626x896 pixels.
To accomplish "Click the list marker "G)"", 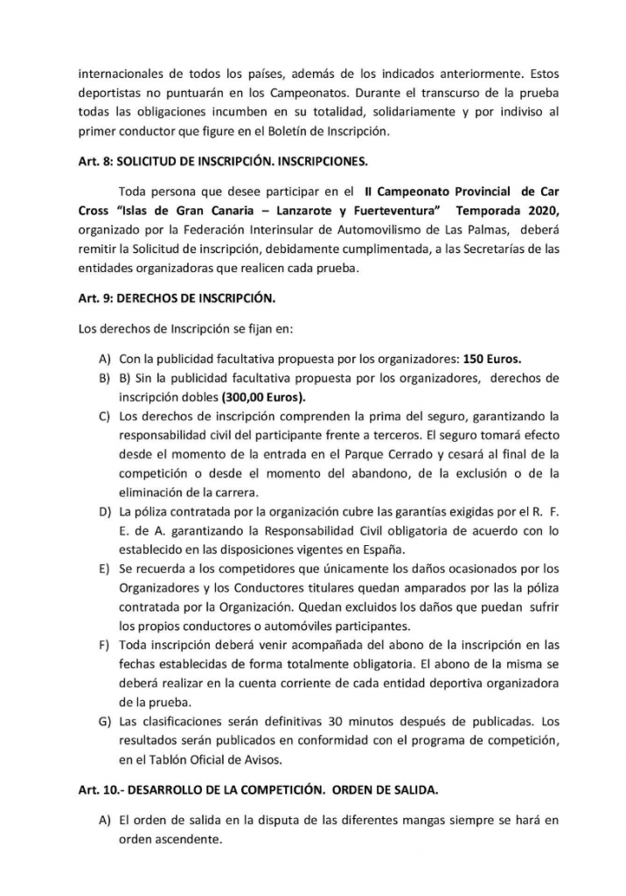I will point(109,724).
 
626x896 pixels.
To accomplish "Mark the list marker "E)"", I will point(109,570).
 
